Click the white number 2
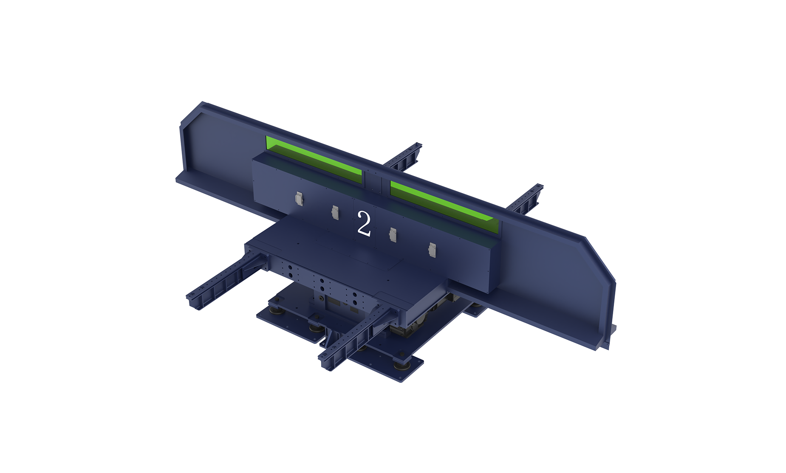364,223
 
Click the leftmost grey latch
299,199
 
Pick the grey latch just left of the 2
335,212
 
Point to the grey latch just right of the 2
393,235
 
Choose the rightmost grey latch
432,250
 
